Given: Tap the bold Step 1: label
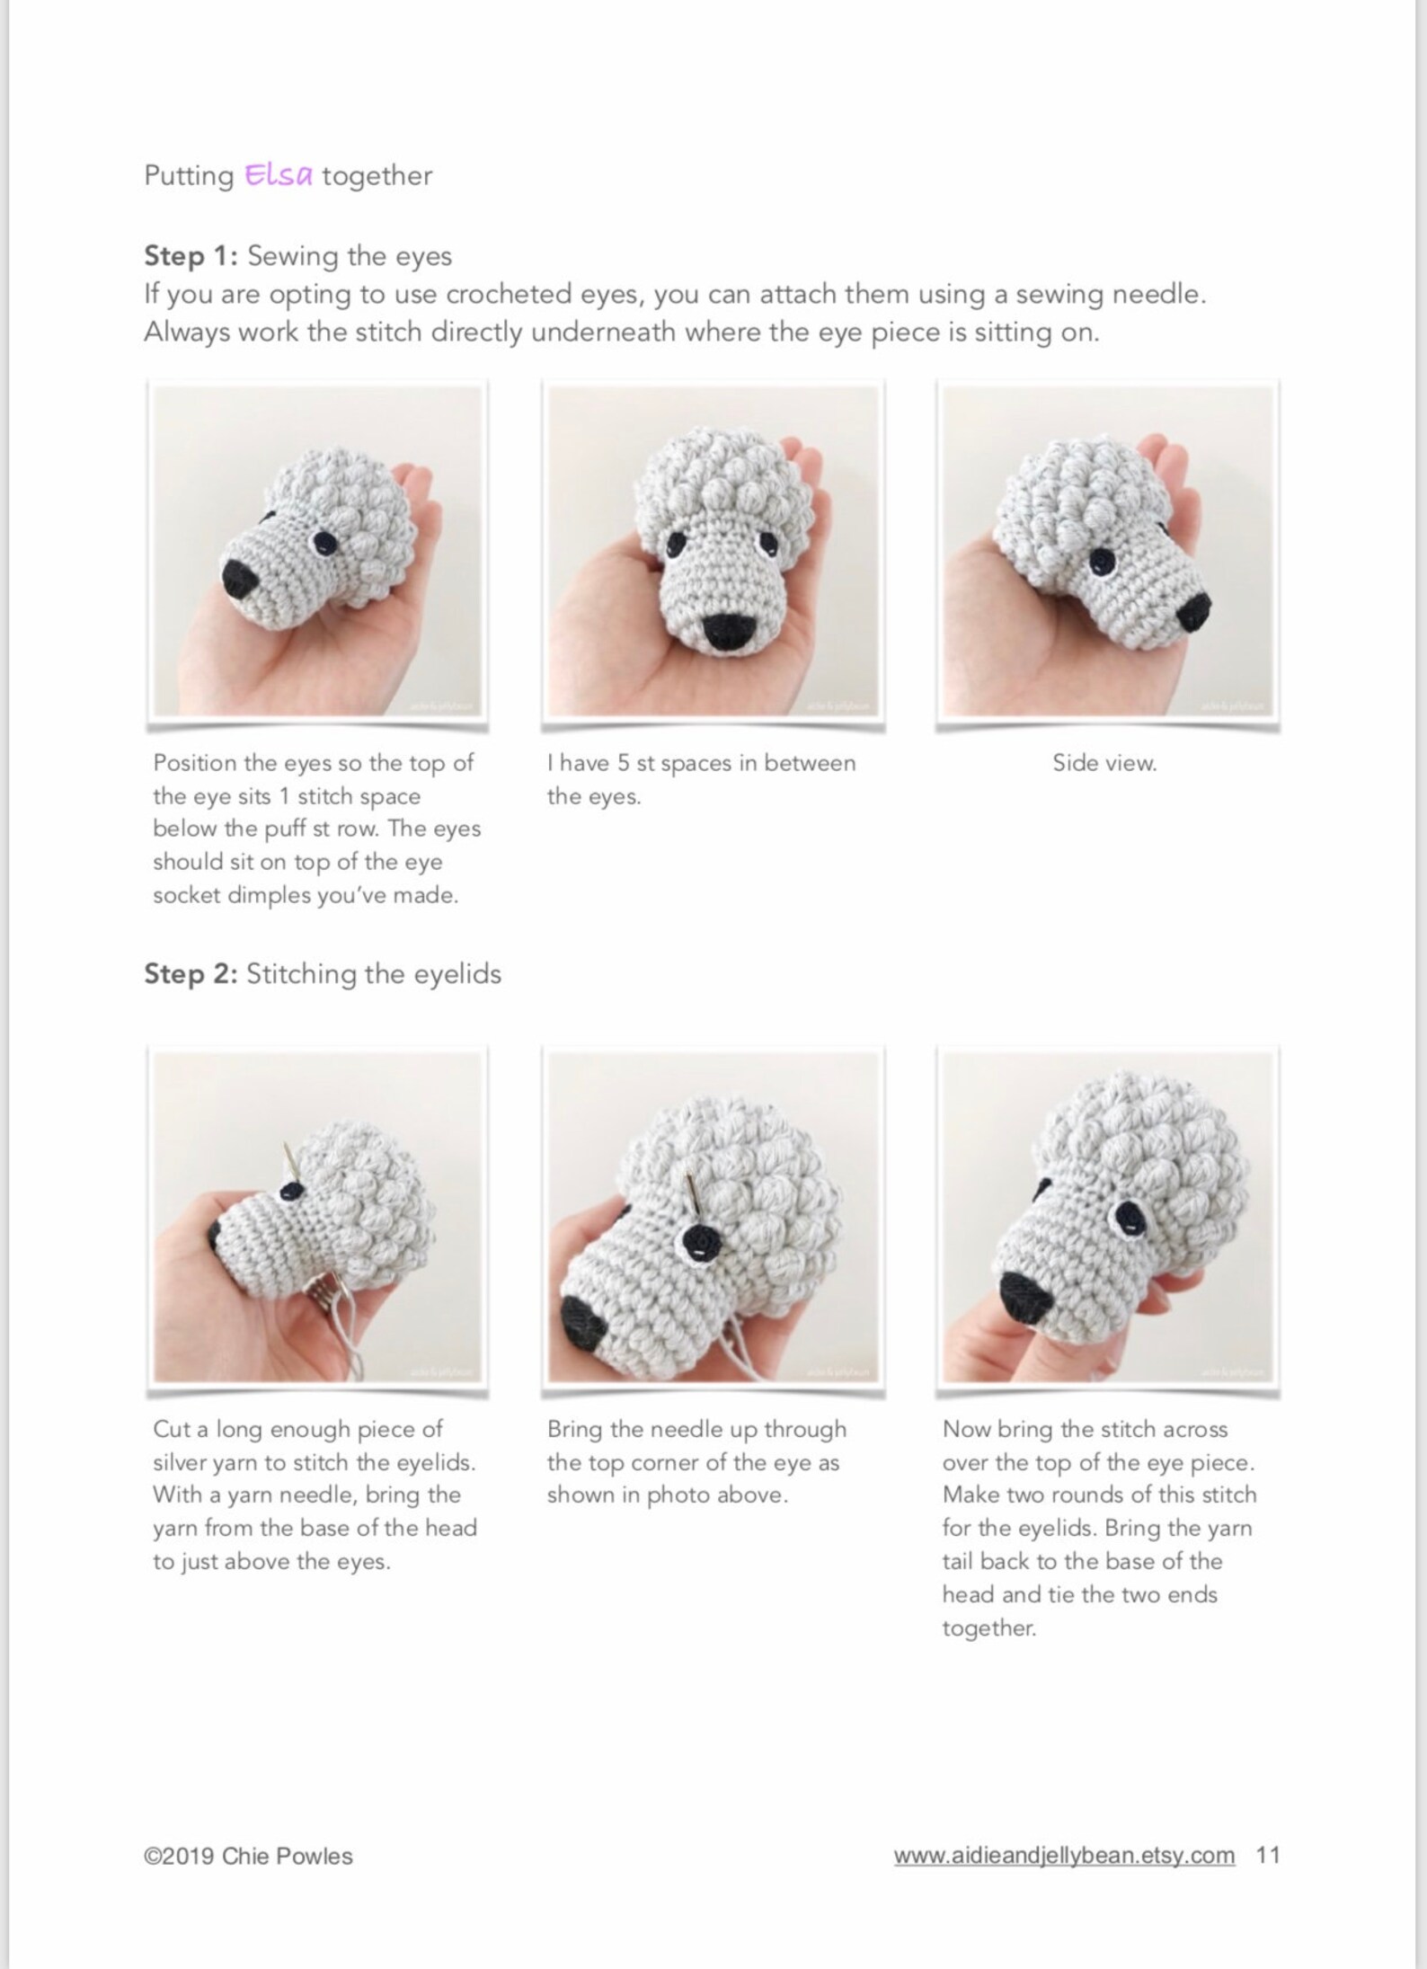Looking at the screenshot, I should (x=191, y=256).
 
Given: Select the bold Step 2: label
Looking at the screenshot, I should (x=191, y=974).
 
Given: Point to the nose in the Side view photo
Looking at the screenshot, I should (x=1194, y=611).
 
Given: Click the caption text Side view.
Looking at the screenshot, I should (x=1104, y=763).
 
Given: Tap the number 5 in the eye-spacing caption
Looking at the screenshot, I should (x=624, y=763).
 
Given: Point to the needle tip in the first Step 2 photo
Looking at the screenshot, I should (x=285, y=1151).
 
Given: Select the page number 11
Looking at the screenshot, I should (x=1268, y=1855).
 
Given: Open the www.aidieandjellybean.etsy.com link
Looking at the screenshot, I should (x=1064, y=1856).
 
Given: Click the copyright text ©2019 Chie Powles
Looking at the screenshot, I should (x=248, y=1856).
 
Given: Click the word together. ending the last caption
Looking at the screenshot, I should (x=989, y=1628).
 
